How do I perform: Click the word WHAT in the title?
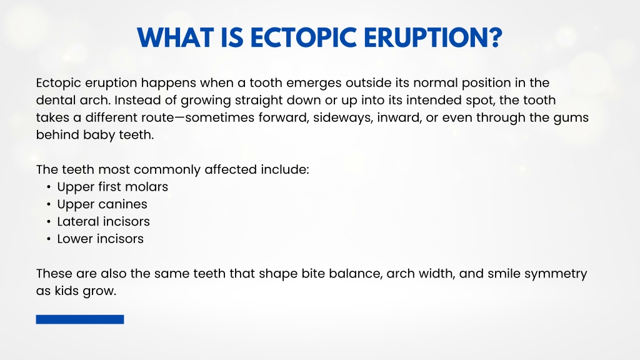tap(175, 37)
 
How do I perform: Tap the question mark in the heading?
tap(495, 37)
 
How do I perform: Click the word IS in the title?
tap(232, 37)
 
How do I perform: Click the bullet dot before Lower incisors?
tap(49, 239)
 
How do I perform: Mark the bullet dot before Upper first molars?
tap(49, 187)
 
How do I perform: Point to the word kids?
tap(66, 291)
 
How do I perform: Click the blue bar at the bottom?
tap(80, 319)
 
